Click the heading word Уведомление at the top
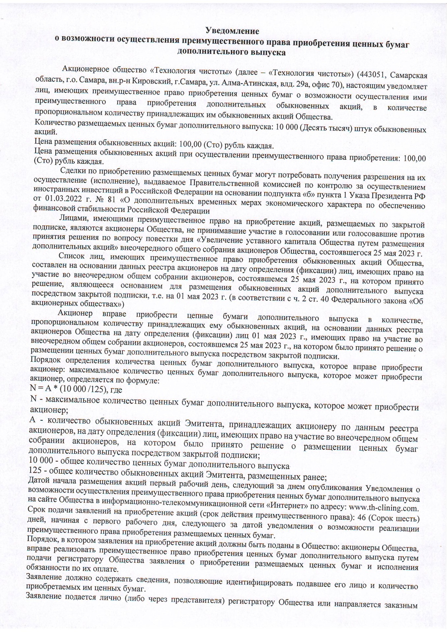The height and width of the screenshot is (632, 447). pos(232,31)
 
